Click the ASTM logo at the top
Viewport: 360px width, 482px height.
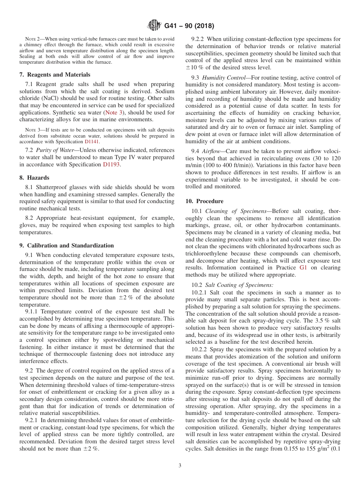click(x=154, y=26)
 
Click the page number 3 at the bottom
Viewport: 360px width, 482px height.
click(x=180, y=466)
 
